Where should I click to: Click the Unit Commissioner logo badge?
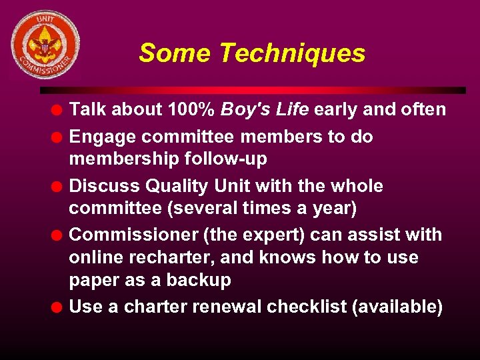tap(45, 44)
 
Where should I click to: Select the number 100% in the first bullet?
tap(191, 109)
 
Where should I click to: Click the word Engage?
tap(103, 137)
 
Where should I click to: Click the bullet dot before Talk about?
tap(59, 110)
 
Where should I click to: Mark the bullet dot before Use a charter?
tap(59, 307)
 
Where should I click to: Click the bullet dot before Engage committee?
tap(59, 137)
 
